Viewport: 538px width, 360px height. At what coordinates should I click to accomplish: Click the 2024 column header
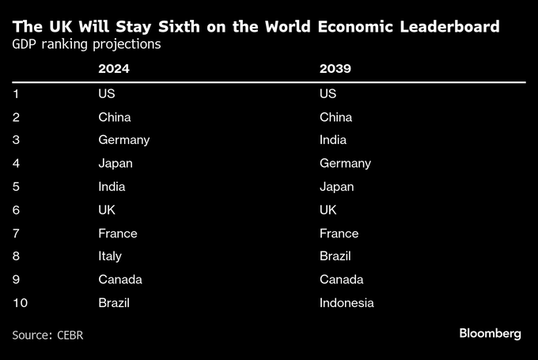click(x=113, y=70)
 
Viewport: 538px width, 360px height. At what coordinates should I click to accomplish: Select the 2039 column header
click(x=335, y=70)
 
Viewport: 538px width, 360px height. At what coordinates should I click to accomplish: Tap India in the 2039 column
click(x=333, y=140)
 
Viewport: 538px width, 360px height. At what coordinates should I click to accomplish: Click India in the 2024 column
click(x=112, y=187)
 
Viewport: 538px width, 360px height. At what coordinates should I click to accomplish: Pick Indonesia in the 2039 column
click(x=347, y=302)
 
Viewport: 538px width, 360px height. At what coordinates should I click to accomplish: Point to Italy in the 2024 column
click(x=110, y=256)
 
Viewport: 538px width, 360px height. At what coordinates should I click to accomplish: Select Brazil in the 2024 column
click(x=113, y=302)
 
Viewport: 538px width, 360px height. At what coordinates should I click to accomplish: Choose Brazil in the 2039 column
click(x=335, y=256)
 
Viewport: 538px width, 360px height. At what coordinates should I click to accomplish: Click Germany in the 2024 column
click(x=123, y=140)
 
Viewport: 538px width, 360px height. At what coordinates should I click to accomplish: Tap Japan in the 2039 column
click(x=336, y=187)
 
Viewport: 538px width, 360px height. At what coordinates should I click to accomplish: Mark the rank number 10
click(x=20, y=302)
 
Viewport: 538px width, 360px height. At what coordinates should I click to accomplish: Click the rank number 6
click(x=16, y=210)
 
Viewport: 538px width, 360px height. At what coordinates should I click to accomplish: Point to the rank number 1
click(x=16, y=94)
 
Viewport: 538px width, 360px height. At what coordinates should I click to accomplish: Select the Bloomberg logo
click(x=490, y=334)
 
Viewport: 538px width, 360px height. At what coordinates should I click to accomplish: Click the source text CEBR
click(x=70, y=335)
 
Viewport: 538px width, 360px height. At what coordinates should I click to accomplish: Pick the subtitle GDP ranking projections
click(x=86, y=44)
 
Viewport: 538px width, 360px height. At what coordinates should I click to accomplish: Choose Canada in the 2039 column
click(x=342, y=279)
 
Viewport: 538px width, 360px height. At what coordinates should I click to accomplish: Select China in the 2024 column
click(x=114, y=117)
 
